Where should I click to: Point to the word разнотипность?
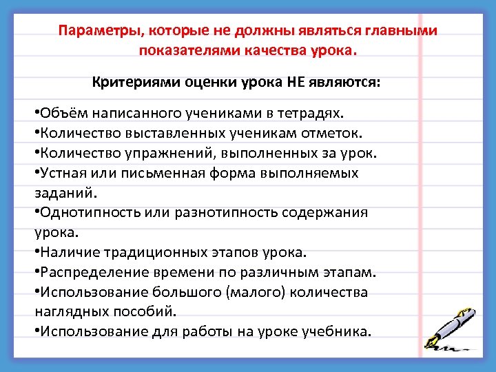click(x=205, y=213)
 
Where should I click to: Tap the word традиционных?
click(x=143, y=253)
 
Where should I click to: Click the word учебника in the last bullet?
click(x=340, y=332)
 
